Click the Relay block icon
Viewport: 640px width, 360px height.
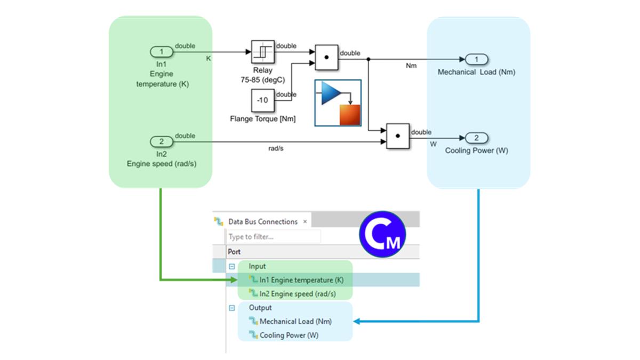(x=262, y=52)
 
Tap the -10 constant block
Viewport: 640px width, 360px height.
(x=262, y=101)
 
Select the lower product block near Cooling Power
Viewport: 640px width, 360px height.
(x=397, y=137)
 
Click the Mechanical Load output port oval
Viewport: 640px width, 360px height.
(x=477, y=59)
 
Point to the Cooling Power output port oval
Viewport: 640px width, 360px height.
(x=477, y=138)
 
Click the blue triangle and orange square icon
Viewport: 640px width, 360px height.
(x=338, y=103)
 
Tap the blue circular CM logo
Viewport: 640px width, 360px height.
(x=382, y=235)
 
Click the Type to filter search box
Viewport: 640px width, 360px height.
(x=274, y=236)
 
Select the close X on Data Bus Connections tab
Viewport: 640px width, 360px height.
(x=305, y=221)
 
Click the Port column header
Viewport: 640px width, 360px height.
(x=234, y=252)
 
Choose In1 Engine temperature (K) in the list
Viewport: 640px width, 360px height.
(x=301, y=279)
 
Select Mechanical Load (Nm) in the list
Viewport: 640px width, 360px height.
(x=295, y=322)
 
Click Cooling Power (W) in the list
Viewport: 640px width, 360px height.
(x=289, y=335)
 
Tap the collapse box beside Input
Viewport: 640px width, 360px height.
(x=232, y=266)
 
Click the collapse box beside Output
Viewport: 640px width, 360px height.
(x=232, y=308)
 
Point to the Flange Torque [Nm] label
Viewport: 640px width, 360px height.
(x=262, y=118)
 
